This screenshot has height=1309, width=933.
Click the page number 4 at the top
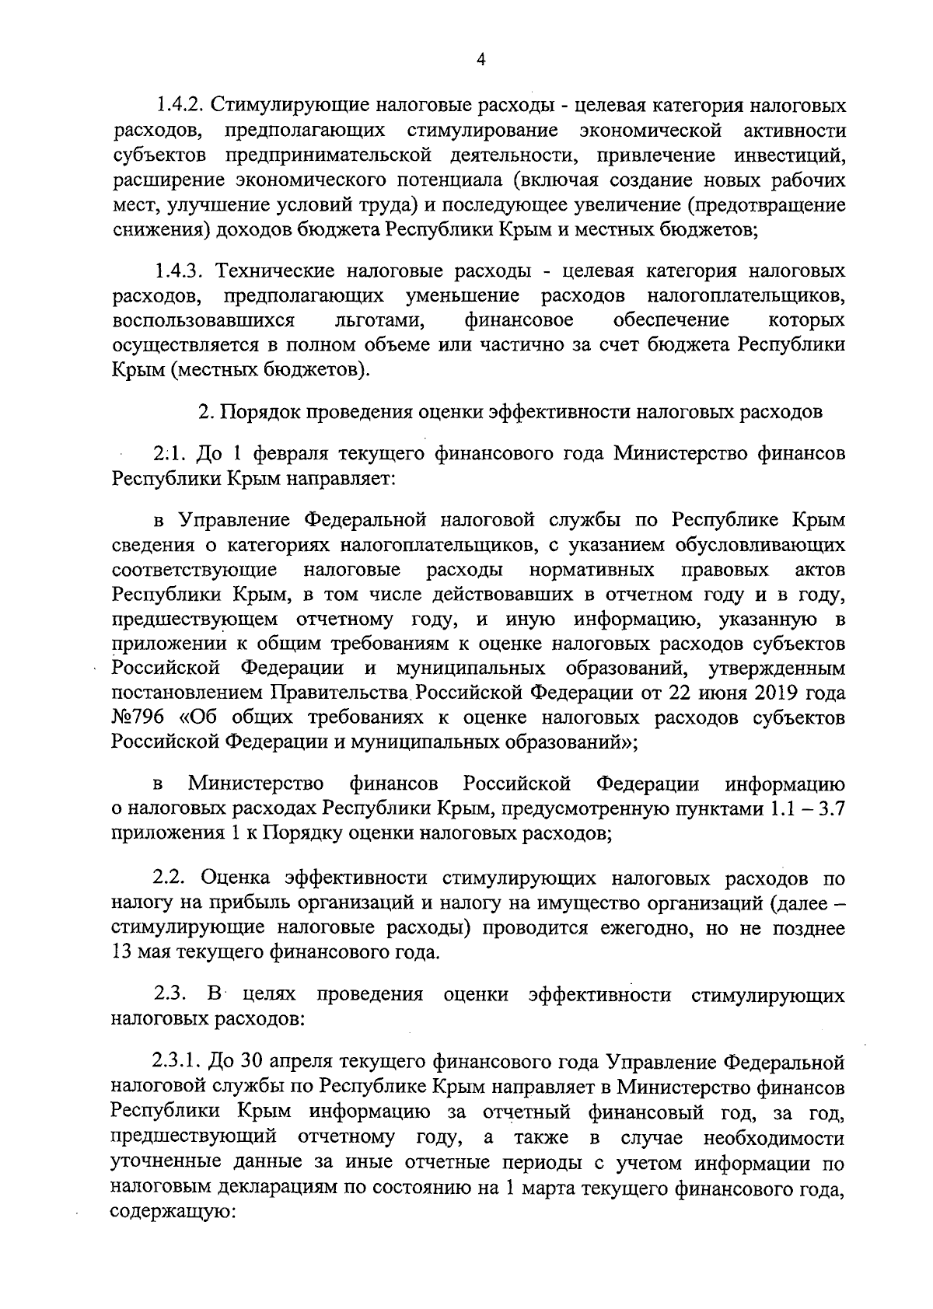[x=480, y=61]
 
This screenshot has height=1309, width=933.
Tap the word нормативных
[x=592, y=571]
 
